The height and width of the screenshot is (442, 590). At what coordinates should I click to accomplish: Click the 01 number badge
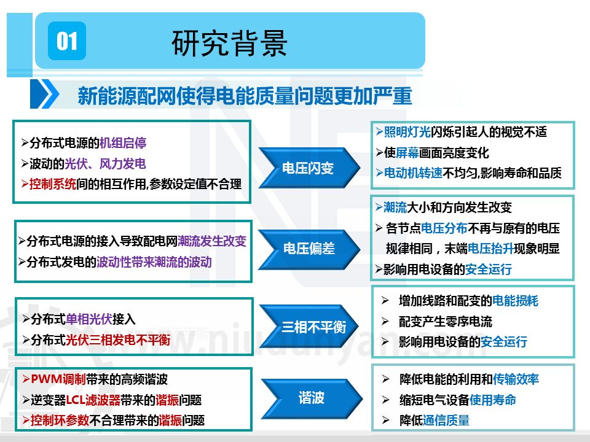pos(67,41)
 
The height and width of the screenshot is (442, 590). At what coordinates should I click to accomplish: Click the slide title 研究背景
pos(229,43)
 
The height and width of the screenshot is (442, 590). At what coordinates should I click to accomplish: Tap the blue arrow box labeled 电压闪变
pos(308,168)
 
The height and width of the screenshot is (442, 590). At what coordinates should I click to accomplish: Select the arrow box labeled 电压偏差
pos(308,249)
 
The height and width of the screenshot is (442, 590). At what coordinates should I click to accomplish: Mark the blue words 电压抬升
pos(490,249)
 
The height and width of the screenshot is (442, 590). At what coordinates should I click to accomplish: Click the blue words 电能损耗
pos(515,301)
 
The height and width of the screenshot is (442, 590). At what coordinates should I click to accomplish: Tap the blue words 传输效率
pos(516,379)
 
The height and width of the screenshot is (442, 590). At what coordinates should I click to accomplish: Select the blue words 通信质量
pos(446,420)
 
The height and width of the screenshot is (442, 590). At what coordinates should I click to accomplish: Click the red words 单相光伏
pos(88,319)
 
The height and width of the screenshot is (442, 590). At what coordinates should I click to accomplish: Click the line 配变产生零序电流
pos(445,322)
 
